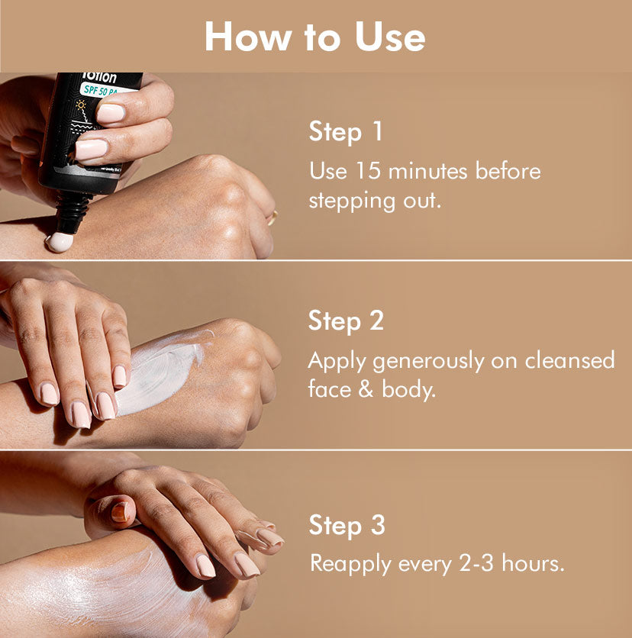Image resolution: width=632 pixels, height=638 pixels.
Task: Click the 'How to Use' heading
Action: click(x=315, y=37)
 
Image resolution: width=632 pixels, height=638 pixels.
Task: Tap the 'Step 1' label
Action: click(x=346, y=132)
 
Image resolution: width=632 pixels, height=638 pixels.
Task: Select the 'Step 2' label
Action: click(x=346, y=321)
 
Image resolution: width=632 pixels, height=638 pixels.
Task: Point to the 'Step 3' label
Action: click(x=347, y=525)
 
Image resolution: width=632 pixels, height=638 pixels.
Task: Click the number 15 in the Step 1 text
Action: click(x=368, y=170)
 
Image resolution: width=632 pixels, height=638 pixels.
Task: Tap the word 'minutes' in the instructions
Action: click(x=428, y=171)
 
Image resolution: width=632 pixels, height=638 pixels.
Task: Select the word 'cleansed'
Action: click(x=569, y=360)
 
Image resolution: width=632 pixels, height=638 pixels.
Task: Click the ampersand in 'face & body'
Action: click(x=366, y=389)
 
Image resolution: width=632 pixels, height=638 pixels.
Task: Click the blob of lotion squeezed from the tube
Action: click(x=60, y=242)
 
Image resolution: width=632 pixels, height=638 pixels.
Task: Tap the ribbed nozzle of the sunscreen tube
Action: click(x=73, y=211)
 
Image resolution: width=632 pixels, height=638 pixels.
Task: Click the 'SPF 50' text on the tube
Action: click(x=95, y=90)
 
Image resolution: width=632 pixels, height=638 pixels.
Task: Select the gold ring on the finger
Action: click(x=272, y=218)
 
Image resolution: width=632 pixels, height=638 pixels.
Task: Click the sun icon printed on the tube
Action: click(x=82, y=106)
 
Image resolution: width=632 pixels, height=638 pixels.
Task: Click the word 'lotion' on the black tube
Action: click(x=99, y=77)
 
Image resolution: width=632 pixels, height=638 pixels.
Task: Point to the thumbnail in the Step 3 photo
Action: click(x=120, y=512)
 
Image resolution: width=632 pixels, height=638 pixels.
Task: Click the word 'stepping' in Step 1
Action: click(x=352, y=201)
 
